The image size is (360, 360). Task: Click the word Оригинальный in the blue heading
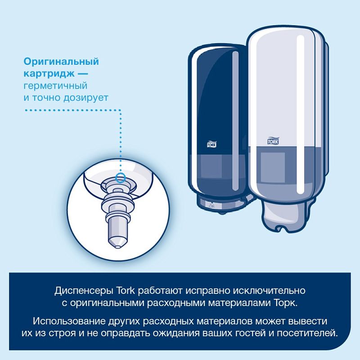[x=61, y=62]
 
